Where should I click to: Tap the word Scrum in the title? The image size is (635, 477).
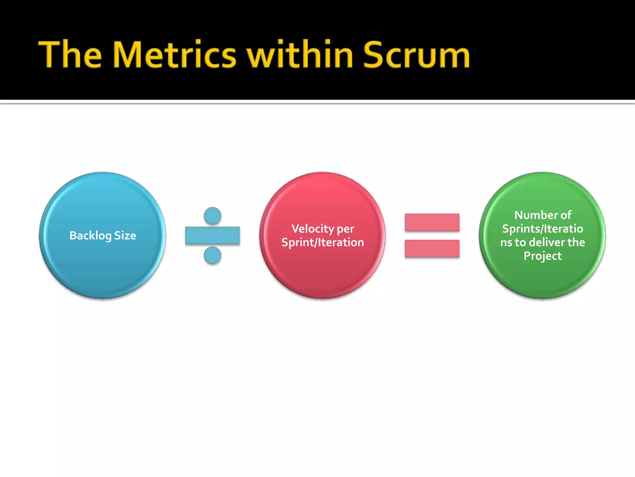pos(416,55)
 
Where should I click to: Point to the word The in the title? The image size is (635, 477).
pos(70,55)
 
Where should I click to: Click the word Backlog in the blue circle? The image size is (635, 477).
pos(90,236)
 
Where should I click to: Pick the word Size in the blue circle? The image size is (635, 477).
pos(125,236)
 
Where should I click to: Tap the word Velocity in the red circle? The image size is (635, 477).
pos(313,229)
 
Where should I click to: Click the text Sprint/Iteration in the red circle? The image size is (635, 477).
pos(322,243)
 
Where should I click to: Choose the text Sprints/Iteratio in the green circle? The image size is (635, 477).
pos(543,229)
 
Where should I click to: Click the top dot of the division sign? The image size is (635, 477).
pos(213,216)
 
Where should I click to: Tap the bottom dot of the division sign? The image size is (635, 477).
pos(213,255)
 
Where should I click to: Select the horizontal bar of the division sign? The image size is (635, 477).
pos(213,236)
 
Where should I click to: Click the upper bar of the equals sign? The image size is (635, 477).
pos(432,222)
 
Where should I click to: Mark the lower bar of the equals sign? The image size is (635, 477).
pos(432,248)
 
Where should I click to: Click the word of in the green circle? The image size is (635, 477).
pos(566,215)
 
